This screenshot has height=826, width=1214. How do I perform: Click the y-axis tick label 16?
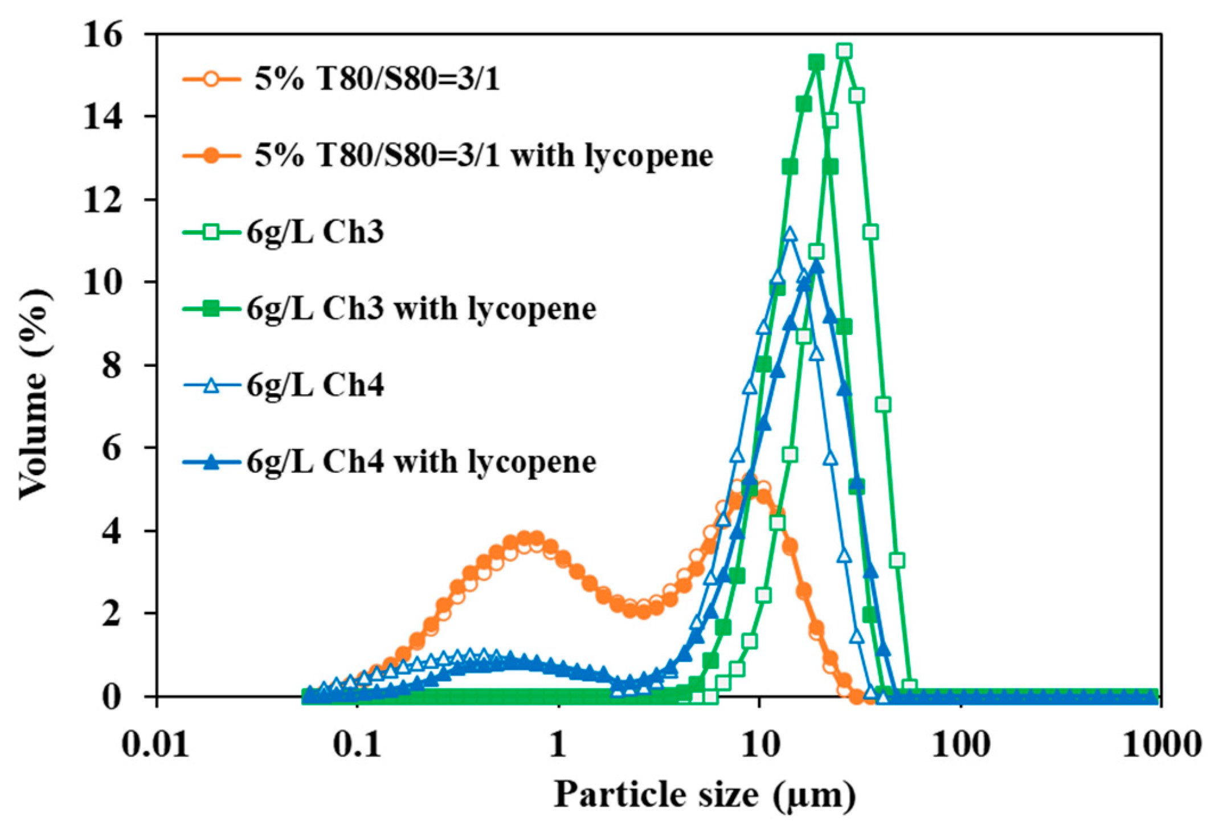tap(103, 35)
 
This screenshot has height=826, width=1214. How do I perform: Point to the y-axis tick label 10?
tap(103, 283)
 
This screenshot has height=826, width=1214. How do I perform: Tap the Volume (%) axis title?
tap(35, 393)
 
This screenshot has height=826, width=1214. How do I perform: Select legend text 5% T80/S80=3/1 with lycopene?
tap(483, 155)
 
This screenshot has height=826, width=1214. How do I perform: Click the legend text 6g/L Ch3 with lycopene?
tap(422, 309)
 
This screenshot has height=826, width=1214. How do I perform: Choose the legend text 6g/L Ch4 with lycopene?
tap(422, 461)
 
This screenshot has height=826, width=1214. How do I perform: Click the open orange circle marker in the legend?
tap(211, 78)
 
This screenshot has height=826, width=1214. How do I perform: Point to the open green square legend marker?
tap(211, 232)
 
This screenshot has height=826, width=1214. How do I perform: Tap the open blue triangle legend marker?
tap(211, 386)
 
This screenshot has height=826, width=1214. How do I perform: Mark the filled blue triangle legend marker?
tap(211, 462)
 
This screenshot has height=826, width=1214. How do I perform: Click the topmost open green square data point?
tap(844, 51)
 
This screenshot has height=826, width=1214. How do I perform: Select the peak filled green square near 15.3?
tap(816, 63)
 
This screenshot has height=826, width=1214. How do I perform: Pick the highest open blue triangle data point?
tap(790, 234)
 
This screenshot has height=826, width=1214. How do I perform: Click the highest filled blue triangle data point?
tap(816, 266)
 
